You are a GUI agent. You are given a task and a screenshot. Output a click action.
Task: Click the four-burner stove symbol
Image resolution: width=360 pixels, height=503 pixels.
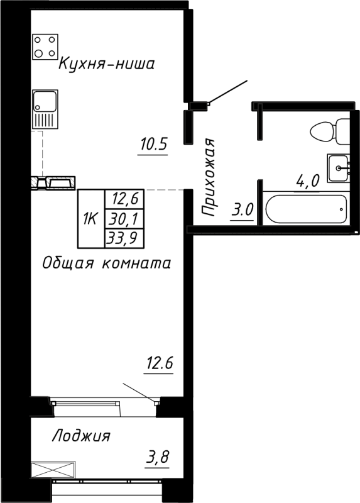45,47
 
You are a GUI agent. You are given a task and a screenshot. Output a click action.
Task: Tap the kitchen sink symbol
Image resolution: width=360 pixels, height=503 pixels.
45,109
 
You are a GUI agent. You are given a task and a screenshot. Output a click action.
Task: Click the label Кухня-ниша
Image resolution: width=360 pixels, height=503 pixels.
107,64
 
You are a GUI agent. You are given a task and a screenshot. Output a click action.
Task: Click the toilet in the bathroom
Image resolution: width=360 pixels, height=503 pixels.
331,131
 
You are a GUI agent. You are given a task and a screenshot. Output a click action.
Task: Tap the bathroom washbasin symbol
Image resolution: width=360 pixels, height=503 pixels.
339,167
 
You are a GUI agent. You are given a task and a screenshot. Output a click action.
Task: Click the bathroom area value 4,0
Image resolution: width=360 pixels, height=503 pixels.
308,182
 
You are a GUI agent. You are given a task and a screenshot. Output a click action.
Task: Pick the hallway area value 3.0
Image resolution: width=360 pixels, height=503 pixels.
242,209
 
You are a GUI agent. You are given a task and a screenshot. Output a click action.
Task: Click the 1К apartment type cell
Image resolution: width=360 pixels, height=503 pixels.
90,218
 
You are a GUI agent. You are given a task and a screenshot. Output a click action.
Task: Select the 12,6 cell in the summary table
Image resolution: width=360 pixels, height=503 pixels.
124,199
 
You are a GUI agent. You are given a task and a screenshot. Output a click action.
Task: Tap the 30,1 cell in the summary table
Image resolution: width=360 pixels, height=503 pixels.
124,218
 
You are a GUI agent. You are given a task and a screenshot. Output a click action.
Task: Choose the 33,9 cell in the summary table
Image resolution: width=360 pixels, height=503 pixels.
124,237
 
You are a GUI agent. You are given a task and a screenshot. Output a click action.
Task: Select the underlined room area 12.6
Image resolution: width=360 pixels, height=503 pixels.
158,363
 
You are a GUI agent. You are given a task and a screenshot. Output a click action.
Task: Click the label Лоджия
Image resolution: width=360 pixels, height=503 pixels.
82,436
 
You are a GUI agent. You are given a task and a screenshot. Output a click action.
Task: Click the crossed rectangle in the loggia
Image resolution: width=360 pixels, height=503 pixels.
53,469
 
